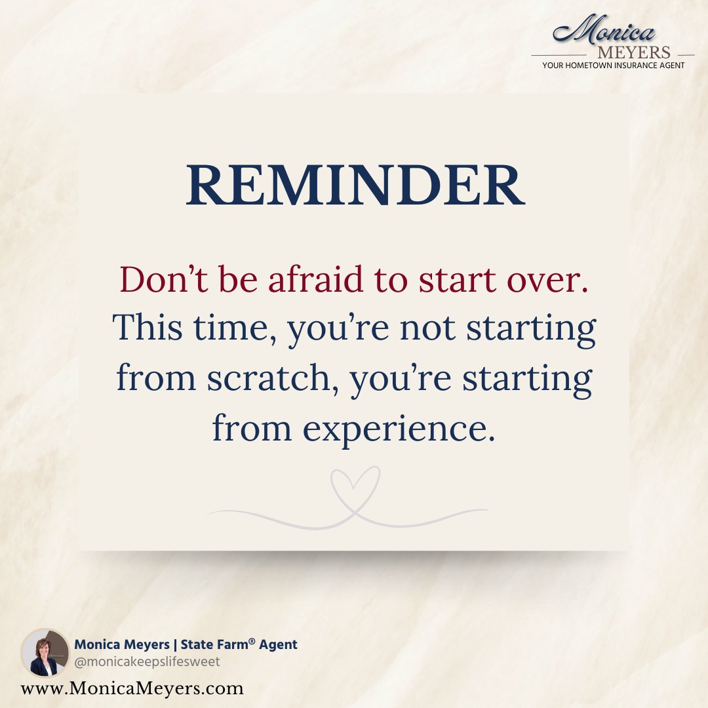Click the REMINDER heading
[355, 185]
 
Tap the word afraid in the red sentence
[315, 279]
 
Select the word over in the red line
[547, 280]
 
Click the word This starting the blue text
[147, 327]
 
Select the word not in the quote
[427, 328]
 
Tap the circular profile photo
[45, 652]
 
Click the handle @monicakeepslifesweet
[147, 661]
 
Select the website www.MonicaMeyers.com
[132, 688]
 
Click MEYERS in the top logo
[633, 52]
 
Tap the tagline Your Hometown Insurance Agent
[613, 66]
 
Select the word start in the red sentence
[458, 280]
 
